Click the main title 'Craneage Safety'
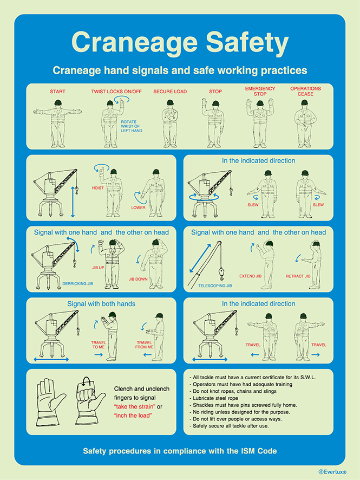pos(180,43)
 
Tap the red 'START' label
pos(57,92)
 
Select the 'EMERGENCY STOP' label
pos(260,91)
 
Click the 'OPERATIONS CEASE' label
pos(305,91)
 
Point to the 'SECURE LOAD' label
pos(170,92)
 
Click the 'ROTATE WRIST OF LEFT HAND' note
pos(131,126)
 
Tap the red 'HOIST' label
pos(97,188)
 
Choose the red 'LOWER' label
pos(138,207)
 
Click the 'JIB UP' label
pos(97,268)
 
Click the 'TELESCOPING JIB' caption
pos(215,286)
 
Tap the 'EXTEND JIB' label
pos(251,276)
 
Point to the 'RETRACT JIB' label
pos(298,276)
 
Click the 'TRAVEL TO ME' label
pos(99,345)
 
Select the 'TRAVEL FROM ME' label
pos(144,345)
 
